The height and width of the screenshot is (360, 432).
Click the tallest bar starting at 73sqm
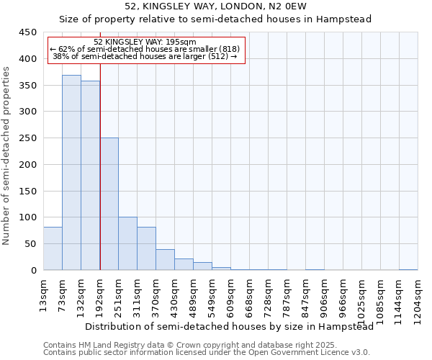pyautogui.click(x=71, y=173)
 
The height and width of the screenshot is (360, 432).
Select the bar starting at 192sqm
pyautogui.click(x=109, y=204)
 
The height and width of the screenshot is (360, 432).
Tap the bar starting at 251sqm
pyautogui.click(x=127, y=243)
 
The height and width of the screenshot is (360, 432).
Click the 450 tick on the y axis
pyautogui.click(x=28, y=32)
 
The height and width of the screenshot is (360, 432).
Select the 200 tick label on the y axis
pyautogui.click(x=28, y=165)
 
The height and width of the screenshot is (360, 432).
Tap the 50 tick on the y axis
pyautogui.click(x=30, y=244)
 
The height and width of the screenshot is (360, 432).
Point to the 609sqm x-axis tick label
pyautogui.click(x=230, y=297)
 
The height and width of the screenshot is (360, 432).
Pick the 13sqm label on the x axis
pyautogui.click(x=43, y=295)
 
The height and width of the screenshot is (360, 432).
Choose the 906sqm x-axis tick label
pyautogui.click(x=324, y=297)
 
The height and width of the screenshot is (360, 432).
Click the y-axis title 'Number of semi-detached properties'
pyautogui.click(x=6, y=156)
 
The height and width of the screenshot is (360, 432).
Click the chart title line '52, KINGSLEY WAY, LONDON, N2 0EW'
pyautogui.click(x=215, y=6)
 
